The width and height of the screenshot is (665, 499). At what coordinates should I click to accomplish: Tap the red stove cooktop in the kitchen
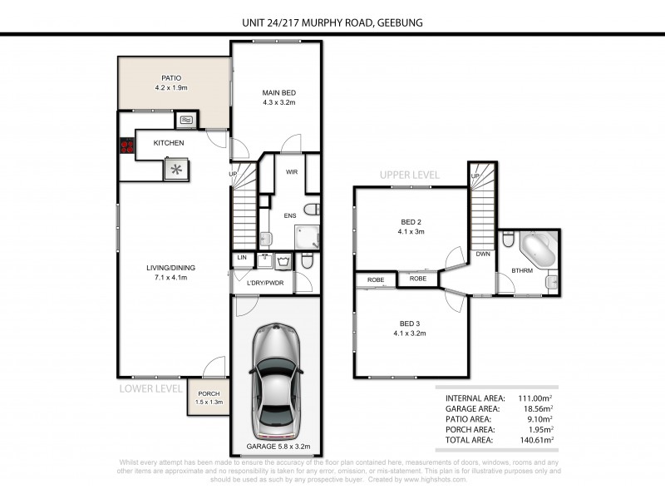pyautogui.click(x=128, y=146)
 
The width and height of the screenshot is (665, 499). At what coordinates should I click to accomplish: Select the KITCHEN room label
pyautogui.click(x=169, y=143)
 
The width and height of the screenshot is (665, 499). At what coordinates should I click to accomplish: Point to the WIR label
pyautogui.click(x=292, y=172)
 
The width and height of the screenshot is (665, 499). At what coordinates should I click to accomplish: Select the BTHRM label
pyautogui.click(x=522, y=270)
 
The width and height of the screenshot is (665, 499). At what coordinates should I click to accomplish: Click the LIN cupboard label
pyautogui.click(x=242, y=259)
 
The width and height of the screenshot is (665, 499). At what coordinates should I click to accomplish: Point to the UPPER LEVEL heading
pyautogui.click(x=410, y=175)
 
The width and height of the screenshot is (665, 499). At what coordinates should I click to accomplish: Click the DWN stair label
pyautogui.click(x=482, y=254)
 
